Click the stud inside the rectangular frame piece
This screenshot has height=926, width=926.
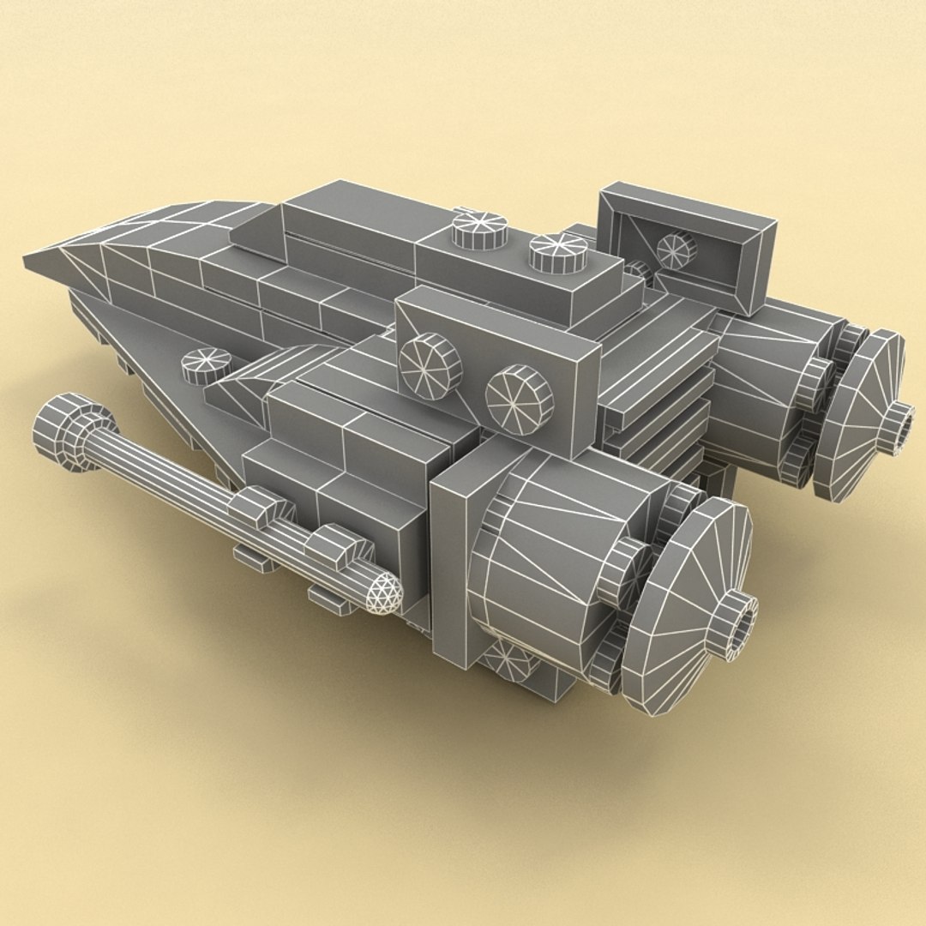[676, 249]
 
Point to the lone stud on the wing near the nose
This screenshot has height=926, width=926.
[206, 364]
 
